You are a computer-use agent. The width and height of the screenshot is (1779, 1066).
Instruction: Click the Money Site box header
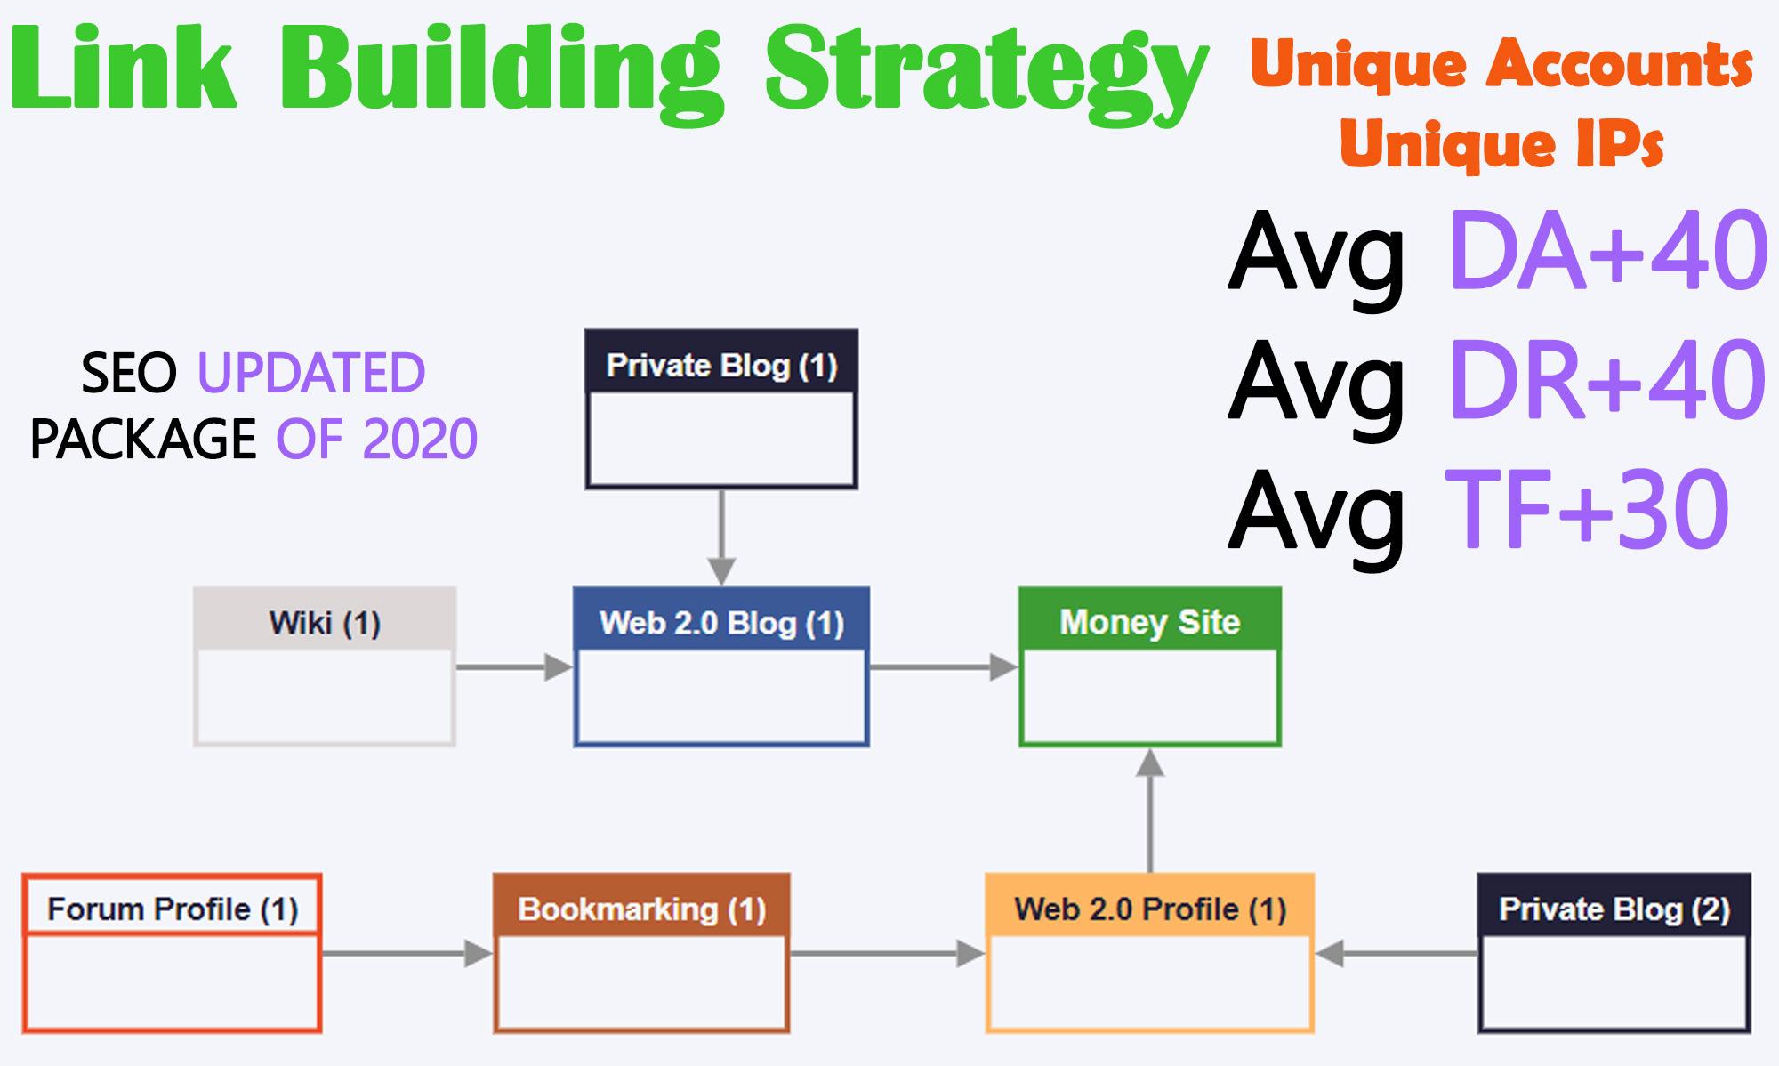1149,622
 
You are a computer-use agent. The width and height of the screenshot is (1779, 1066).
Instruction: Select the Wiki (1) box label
325,623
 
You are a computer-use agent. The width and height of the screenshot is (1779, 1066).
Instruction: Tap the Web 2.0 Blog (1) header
721,623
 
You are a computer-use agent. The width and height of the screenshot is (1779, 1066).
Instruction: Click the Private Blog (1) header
721,366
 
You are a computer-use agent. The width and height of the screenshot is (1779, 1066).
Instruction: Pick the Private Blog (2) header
1614,909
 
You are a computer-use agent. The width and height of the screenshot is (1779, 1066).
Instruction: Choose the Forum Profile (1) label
172,909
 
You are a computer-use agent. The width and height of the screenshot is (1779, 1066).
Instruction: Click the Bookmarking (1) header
641,909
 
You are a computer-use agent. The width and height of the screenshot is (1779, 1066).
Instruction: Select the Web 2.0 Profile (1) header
1149,909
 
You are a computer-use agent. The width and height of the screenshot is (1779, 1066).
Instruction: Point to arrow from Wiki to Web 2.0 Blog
514,666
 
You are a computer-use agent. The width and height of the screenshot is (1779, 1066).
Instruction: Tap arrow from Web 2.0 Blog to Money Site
943,666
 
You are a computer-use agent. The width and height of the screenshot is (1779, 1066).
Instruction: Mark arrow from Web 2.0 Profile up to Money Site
1150,810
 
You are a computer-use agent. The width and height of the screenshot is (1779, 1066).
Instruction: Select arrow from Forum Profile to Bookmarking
407,954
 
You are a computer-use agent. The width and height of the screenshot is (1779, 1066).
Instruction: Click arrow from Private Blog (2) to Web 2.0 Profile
1397,954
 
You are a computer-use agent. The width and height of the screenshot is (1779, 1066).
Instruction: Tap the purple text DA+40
1606,252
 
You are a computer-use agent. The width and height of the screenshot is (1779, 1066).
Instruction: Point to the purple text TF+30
1587,510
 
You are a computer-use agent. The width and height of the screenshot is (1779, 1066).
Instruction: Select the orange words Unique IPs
1501,144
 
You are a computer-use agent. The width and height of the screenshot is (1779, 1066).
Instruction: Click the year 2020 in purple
420,439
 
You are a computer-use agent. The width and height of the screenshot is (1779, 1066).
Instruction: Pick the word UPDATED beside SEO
311,373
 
